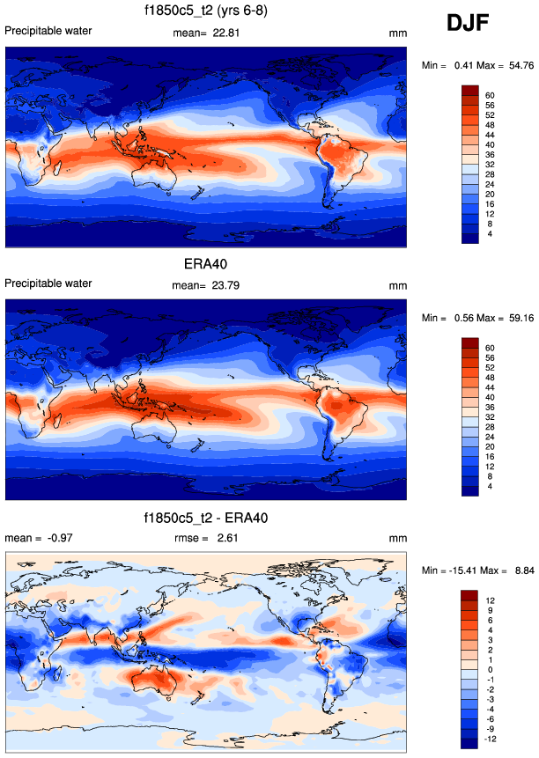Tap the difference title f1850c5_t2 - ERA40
[205, 517]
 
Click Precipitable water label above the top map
[48, 32]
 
